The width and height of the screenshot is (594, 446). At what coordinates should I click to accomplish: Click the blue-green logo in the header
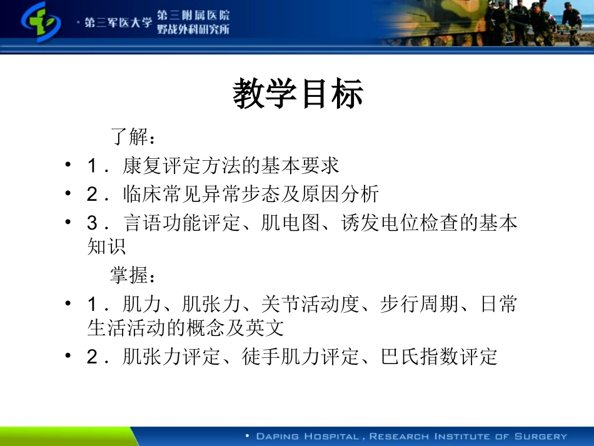tap(40, 23)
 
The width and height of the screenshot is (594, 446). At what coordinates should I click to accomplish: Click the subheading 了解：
tap(132, 136)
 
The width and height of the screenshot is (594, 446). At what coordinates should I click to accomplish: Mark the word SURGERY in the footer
tap(540, 437)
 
